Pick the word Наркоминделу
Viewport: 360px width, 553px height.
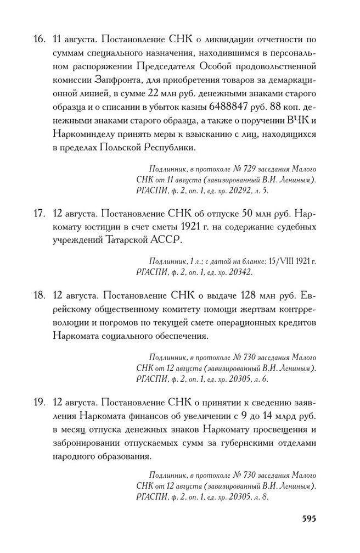tap(88, 133)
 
